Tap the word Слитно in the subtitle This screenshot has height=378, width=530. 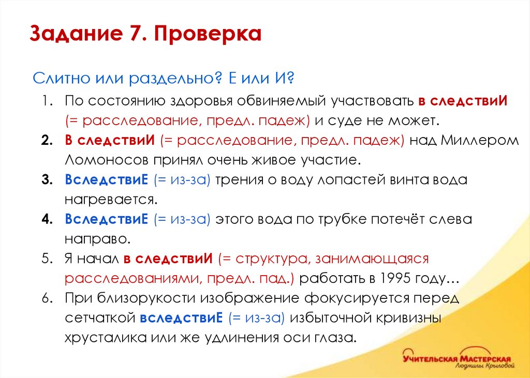pos(60,79)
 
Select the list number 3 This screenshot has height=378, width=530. pos(47,179)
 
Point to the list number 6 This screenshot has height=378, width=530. pos(47,298)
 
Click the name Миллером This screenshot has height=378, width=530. pos(480,140)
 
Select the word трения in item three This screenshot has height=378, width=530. pos(241,179)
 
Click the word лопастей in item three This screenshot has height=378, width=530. pos(344,179)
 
